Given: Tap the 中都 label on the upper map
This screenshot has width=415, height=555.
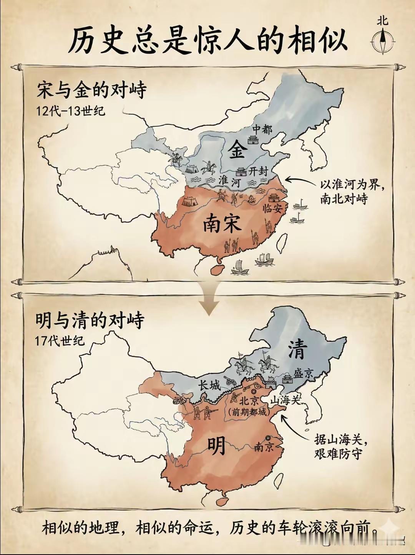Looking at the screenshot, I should (x=262, y=129).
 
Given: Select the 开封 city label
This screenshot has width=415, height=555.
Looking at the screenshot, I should (x=257, y=171).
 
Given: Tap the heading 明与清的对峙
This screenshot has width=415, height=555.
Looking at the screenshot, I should (x=90, y=320).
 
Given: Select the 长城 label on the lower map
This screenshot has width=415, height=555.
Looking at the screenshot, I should (x=210, y=385).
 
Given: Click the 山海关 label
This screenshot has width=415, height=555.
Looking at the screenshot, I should (x=285, y=400).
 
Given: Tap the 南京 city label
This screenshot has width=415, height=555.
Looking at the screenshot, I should (x=264, y=447).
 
